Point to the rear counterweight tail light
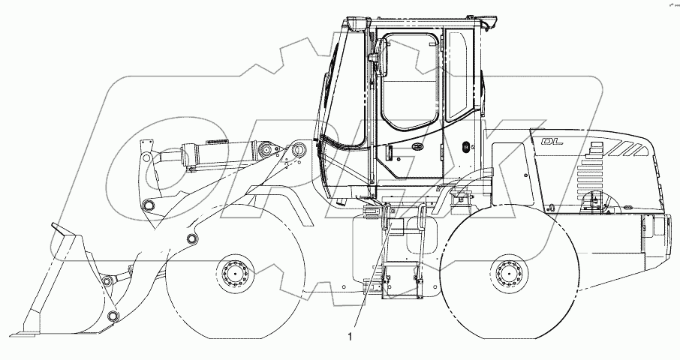(661, 224)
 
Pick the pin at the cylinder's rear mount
(299, 151)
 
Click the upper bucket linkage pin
(107, 281)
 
